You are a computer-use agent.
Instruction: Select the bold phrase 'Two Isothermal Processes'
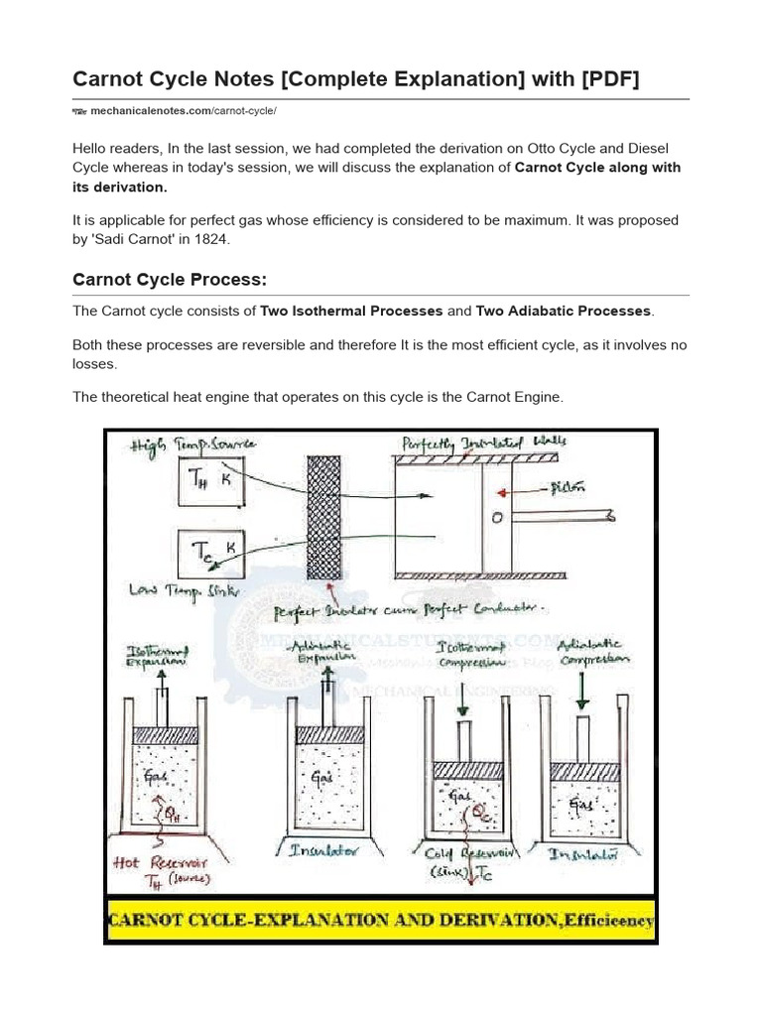(351, 311)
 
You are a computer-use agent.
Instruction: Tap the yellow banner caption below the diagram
(380, 921)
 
